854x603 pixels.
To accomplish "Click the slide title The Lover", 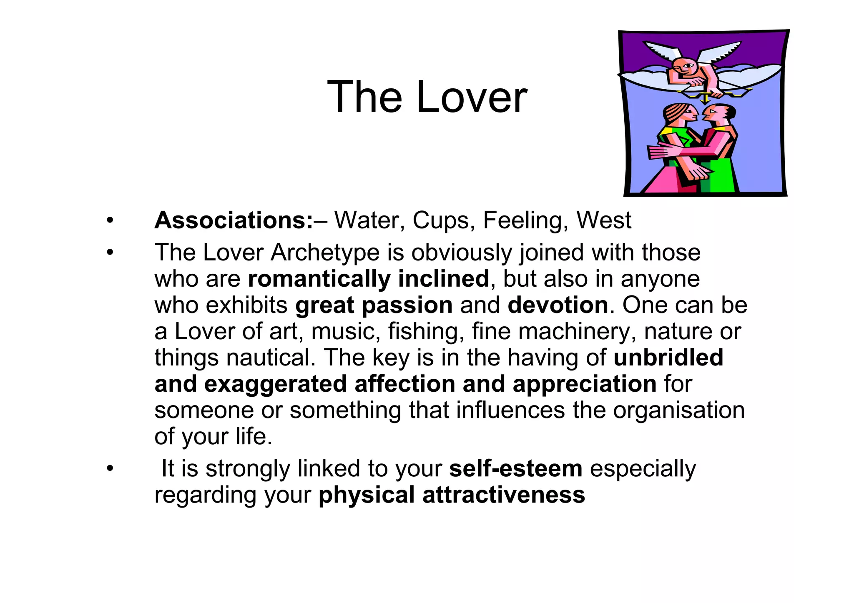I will pyautogui.click(x=427, y=97).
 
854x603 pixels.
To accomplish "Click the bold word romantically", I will pyautogui.click(x=319, y=279).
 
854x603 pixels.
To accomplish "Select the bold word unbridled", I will pyautogui.click(x=668, y=358).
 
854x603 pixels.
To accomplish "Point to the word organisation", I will pyautogui.click(x=678, y=410).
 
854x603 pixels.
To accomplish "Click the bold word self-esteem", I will pyautogui.click(x=516, y=468).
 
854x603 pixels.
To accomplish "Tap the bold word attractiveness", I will pyautogui.click(x=504, y=495).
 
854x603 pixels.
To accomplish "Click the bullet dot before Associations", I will pyautogui.click(x=110, y=220).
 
